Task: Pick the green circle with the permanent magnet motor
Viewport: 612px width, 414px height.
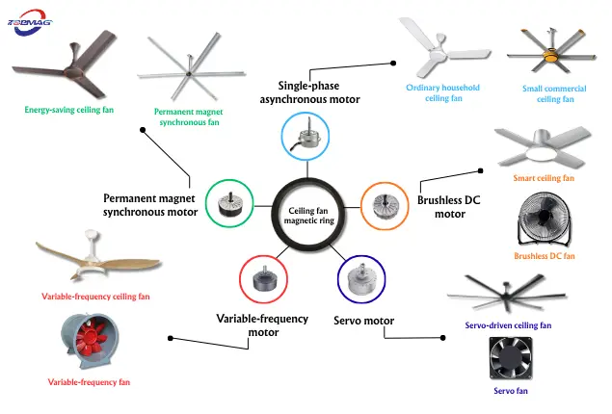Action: [x=230, y=202]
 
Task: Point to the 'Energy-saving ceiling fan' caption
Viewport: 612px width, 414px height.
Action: [x=68, y=110]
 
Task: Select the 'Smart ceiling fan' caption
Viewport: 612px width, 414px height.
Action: [x=545, y=178]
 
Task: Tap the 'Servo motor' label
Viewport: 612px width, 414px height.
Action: [x=363, y=320]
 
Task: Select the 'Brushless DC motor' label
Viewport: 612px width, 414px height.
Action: [x=448, y=207]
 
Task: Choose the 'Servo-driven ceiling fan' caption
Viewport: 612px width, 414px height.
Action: [x=508, y=325]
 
